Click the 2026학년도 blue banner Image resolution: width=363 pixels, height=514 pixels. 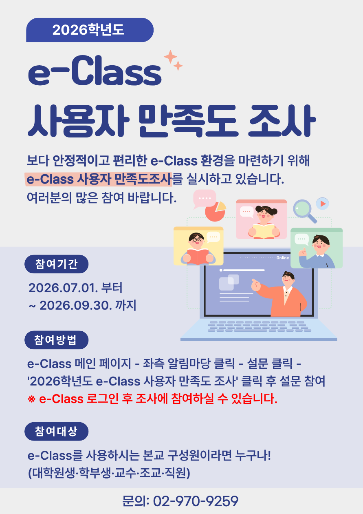pos(90,30)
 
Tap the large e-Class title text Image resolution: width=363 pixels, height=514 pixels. pos(95,71)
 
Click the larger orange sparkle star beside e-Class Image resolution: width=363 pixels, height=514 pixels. pos(170,56)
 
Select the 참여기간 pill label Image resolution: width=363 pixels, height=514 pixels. pos(56,264)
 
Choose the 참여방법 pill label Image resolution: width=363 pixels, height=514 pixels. pos(56,340)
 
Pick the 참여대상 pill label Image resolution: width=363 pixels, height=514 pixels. pos(56,432)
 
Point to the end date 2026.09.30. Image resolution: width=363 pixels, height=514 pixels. pos(76,306)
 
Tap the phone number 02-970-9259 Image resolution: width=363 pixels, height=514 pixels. pos(196,501)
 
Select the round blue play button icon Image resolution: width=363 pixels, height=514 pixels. pos(322,204)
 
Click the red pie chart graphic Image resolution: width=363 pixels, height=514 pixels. pos(215,212)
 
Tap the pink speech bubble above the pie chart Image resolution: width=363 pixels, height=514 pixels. pos(205,199)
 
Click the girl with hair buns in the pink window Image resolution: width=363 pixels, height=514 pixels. pos(264,222)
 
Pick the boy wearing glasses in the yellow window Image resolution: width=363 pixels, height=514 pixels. pos(198,249)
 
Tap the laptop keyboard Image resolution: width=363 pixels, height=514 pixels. pos(260,326)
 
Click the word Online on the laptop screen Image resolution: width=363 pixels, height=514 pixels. pos(283,258)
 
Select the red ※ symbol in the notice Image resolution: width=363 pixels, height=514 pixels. pos(32,399)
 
